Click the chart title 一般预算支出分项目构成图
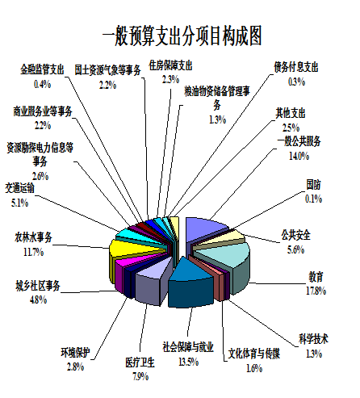click(x=182, y=36)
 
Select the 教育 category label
click(x=316, y=277)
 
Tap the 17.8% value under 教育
click(x=316, y=291)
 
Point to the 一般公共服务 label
click(x=299, y=141)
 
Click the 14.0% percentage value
click(x=299, y=156)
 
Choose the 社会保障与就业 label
click(x=188, y=347)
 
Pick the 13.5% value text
click(x=189, y=362)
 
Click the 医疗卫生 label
click(x=140, y=362)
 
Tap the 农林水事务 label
click(x=33, y=237)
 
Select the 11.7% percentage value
click(x=33, y=252)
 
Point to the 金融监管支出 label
click(x=42, y=69)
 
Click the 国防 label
click(x=314, y=185)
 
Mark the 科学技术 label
click(x=314, y=339)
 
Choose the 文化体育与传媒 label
click(x=254, y=354)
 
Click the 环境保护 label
click(x=75, y=352)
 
